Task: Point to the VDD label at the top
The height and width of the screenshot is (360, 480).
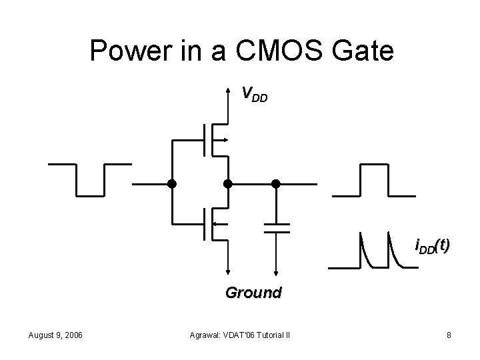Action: point(254,95)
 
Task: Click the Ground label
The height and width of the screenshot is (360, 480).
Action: point(253,292)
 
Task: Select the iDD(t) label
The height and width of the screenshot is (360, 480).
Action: point(432,247)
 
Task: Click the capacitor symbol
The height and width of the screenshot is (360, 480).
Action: point(275,227)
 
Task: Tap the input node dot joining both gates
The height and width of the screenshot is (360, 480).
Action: point(171,183)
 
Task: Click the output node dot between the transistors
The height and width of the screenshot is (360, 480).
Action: point(228,183)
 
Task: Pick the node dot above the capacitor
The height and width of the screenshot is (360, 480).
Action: point(275,183)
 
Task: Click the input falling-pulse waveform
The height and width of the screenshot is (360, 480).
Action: point(90,179)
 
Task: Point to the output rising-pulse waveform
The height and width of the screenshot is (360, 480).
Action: point(374,180)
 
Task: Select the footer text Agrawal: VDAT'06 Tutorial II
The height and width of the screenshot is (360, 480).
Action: point(243,335)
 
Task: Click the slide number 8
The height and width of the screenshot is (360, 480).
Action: point(449,335)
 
